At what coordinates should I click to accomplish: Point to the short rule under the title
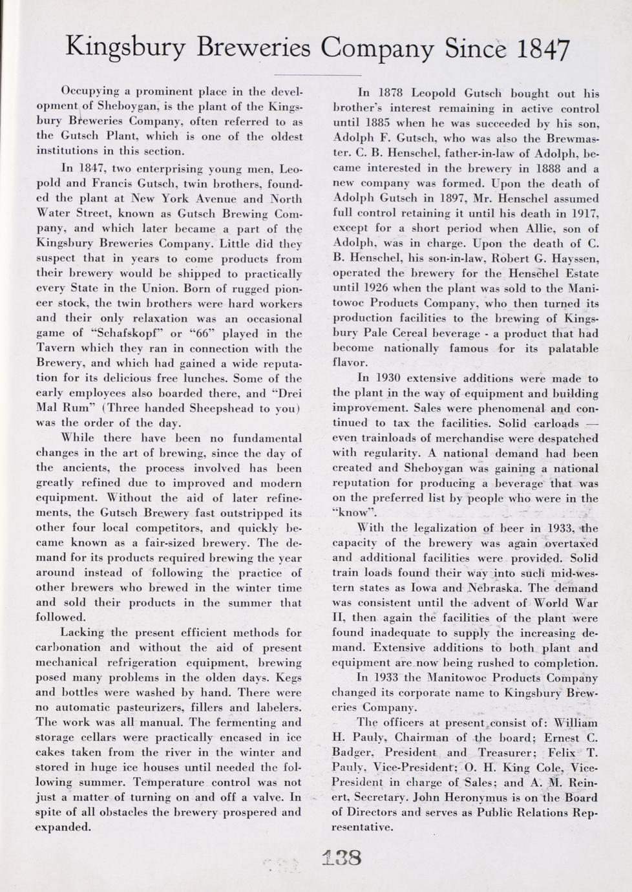(316, 76)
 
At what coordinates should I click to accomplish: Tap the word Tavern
(56, 348)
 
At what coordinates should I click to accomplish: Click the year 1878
(392, 93)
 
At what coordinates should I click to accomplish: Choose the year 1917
(583, 213)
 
